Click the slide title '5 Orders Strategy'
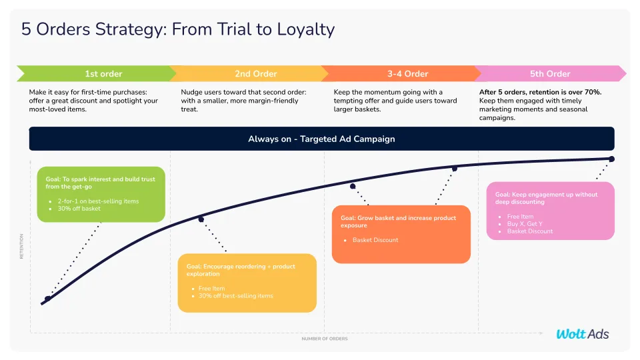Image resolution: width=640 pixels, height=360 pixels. pos(178,29)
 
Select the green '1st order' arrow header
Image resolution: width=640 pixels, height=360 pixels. pos(103,73)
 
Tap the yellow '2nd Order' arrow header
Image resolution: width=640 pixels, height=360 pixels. pos(255,73)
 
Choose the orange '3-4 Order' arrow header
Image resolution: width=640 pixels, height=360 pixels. pos(407,73)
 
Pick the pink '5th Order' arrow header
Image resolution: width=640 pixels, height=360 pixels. pos(550,73)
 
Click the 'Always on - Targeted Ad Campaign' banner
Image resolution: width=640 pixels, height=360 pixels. pos(321,139)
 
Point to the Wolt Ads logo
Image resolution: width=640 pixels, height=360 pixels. pos(582,334)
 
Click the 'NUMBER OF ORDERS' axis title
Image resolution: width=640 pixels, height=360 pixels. pos(324,339)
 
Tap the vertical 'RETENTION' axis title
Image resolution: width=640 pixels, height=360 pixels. pos(21,245)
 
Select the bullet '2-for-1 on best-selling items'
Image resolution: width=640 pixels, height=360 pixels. pos(98,201)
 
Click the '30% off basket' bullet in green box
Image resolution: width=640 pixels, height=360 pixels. pos(79,209)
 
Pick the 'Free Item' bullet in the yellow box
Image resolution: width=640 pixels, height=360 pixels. pos(211,289)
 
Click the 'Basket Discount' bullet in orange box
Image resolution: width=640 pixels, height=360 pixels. pos(375,240)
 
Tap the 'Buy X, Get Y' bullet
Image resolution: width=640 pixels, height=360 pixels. pos(526,224)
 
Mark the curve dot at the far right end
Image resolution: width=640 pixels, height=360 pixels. pos(611,159)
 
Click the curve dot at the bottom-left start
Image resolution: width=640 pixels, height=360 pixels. pos(47,299)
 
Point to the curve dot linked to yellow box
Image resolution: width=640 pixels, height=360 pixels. pos(201,219)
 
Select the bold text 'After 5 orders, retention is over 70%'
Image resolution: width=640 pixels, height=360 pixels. pos(540,92)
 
